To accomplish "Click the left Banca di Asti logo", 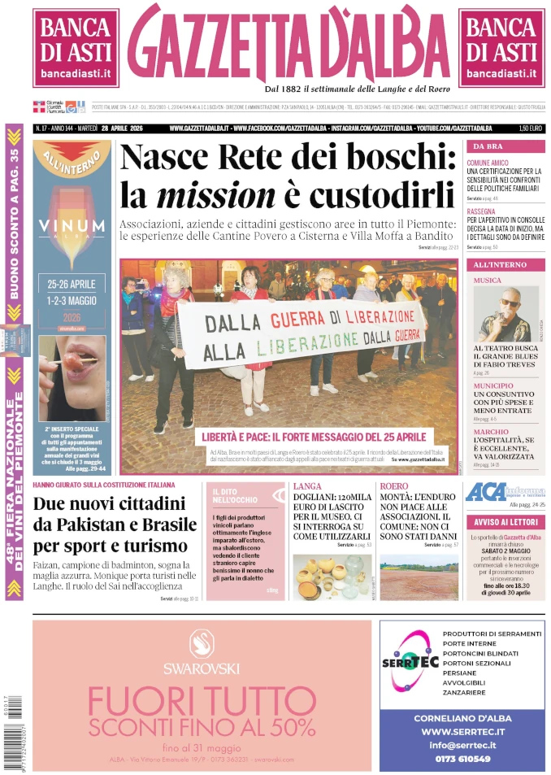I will click(76, 47).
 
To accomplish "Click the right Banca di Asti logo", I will click(501, 47).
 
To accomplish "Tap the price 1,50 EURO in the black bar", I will click(530, 128).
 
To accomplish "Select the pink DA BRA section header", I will click(505, 146).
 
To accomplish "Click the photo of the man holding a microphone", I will click(506, 314).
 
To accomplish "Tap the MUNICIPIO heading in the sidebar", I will click(493, 385).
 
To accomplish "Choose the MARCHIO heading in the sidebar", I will click(491, 432).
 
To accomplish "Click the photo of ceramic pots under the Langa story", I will click(331, 577).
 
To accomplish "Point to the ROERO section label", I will click(394, 486).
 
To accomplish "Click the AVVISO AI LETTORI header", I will click(505, 522).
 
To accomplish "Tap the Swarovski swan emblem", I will click(201, 644).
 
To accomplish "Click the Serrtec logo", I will click(410, 660).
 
